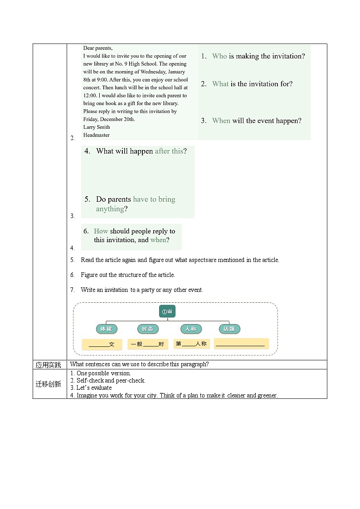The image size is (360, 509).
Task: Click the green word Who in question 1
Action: pyautogui.click(x=219, y=56)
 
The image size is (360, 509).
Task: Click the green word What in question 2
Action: pyautogui.click(x=220, y=84)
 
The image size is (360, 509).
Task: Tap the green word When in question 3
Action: pyautogui.click(x=221, y=121)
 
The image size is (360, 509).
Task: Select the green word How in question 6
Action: pyautogui.click(x=101, y=231)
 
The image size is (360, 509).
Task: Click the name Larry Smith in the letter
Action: pyautogui.click(x=96, y=127)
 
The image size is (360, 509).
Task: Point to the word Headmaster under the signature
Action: pyautogui.click(x=96, y=135)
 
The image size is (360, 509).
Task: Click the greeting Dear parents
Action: pyautogui.click(x=98, y=48)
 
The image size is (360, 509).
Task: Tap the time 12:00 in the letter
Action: pyautogui.click(x=90, y=96)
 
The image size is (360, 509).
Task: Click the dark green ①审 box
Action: pyautogui.click(x=167, y=311)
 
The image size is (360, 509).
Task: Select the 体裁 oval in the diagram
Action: pyautogui.click(x=107, y=329)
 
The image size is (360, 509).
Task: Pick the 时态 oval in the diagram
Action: pyautogui.click(x=148, y=329)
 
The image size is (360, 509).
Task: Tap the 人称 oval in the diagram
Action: pyautogui.click(x=191, y=329)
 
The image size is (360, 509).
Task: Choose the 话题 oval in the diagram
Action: pyautogui.click(x=229, y=329)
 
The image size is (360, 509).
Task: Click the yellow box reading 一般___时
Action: pyautogui.click(x=148, y=344)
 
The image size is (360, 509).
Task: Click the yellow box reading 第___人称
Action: pyautogui.click(x=191, y=344)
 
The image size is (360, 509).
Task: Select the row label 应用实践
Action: pyautogui.click(x=49, y=365)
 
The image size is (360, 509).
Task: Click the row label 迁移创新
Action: pyautogui.click(x=49, y=384)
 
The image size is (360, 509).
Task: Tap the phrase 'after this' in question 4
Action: pyautogui.click(x=169, y=151)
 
